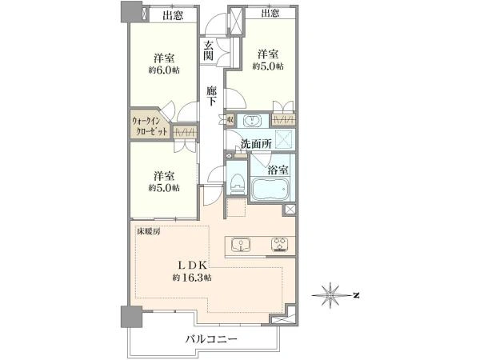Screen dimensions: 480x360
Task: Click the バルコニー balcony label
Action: [211, 339]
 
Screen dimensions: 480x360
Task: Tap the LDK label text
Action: [194, 265]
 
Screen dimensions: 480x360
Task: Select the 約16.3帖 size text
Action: [192, 278]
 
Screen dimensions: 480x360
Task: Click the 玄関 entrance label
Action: [209, 50]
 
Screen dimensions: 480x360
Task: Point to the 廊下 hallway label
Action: [211, 96]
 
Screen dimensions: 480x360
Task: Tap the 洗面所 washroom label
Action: [256, 144]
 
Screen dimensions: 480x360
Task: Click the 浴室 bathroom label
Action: [278, 170]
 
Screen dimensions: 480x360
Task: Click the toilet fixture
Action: [238, 183]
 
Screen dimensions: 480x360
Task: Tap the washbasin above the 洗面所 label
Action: [252, 120]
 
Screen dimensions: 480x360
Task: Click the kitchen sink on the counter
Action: [240, 245]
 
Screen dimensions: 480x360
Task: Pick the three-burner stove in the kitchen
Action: [280, 244]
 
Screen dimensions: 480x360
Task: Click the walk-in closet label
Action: [150, 126]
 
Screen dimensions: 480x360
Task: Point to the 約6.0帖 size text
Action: [164, 70]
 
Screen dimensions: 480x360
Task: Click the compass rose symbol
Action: [330, 295]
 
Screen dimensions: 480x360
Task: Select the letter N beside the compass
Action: [355, 295]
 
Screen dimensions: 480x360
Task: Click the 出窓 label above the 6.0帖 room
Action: [173, 15]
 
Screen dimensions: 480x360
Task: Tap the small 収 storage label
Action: [230, 120]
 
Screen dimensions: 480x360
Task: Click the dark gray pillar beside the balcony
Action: [131, 317]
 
